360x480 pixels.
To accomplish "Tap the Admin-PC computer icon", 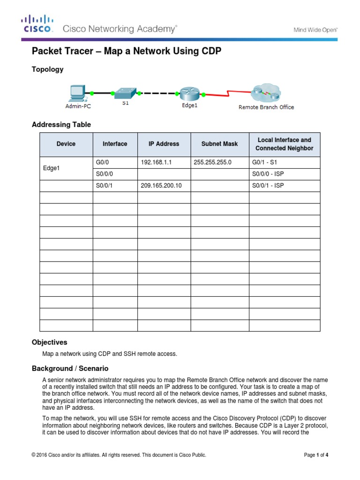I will [77, 93].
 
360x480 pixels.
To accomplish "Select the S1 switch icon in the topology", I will [125, 92].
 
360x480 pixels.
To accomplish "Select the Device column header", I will [66, 144].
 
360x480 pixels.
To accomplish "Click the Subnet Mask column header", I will [219, 144].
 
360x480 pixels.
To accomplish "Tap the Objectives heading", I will [49, 342].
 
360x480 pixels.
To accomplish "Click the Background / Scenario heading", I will [70, 368].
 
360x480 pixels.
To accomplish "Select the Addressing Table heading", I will [61, 125].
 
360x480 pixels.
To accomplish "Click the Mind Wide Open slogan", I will [315, 30].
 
